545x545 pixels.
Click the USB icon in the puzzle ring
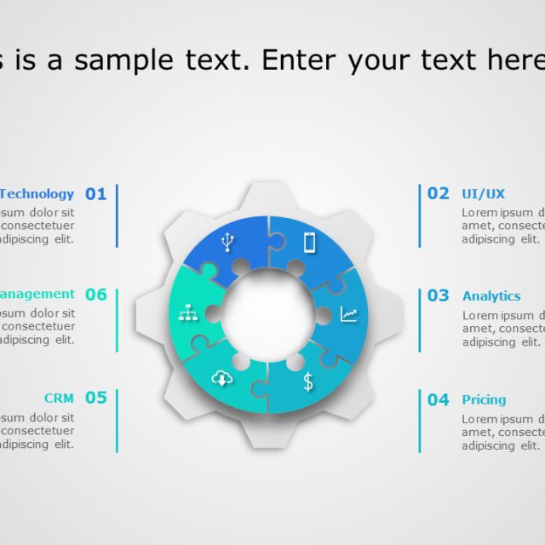point(227,244)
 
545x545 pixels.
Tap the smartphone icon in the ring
point(309,243)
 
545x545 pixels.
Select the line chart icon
point(349,314)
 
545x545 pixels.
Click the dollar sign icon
point(307,381)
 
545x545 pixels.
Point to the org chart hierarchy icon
point(187,313)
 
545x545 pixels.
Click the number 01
point(95,194)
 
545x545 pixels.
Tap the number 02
point(438,193)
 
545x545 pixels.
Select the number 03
point(438,295)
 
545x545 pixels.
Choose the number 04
point(438,399)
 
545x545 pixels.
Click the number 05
point(95,398)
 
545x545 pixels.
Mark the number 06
point(95,295)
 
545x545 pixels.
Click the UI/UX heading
point(483,194)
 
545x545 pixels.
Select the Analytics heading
point(490,296)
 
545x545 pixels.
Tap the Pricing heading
point(484,399)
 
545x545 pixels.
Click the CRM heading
point(59,398)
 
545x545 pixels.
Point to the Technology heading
point(37,194)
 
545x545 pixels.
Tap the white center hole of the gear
point(268,314)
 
